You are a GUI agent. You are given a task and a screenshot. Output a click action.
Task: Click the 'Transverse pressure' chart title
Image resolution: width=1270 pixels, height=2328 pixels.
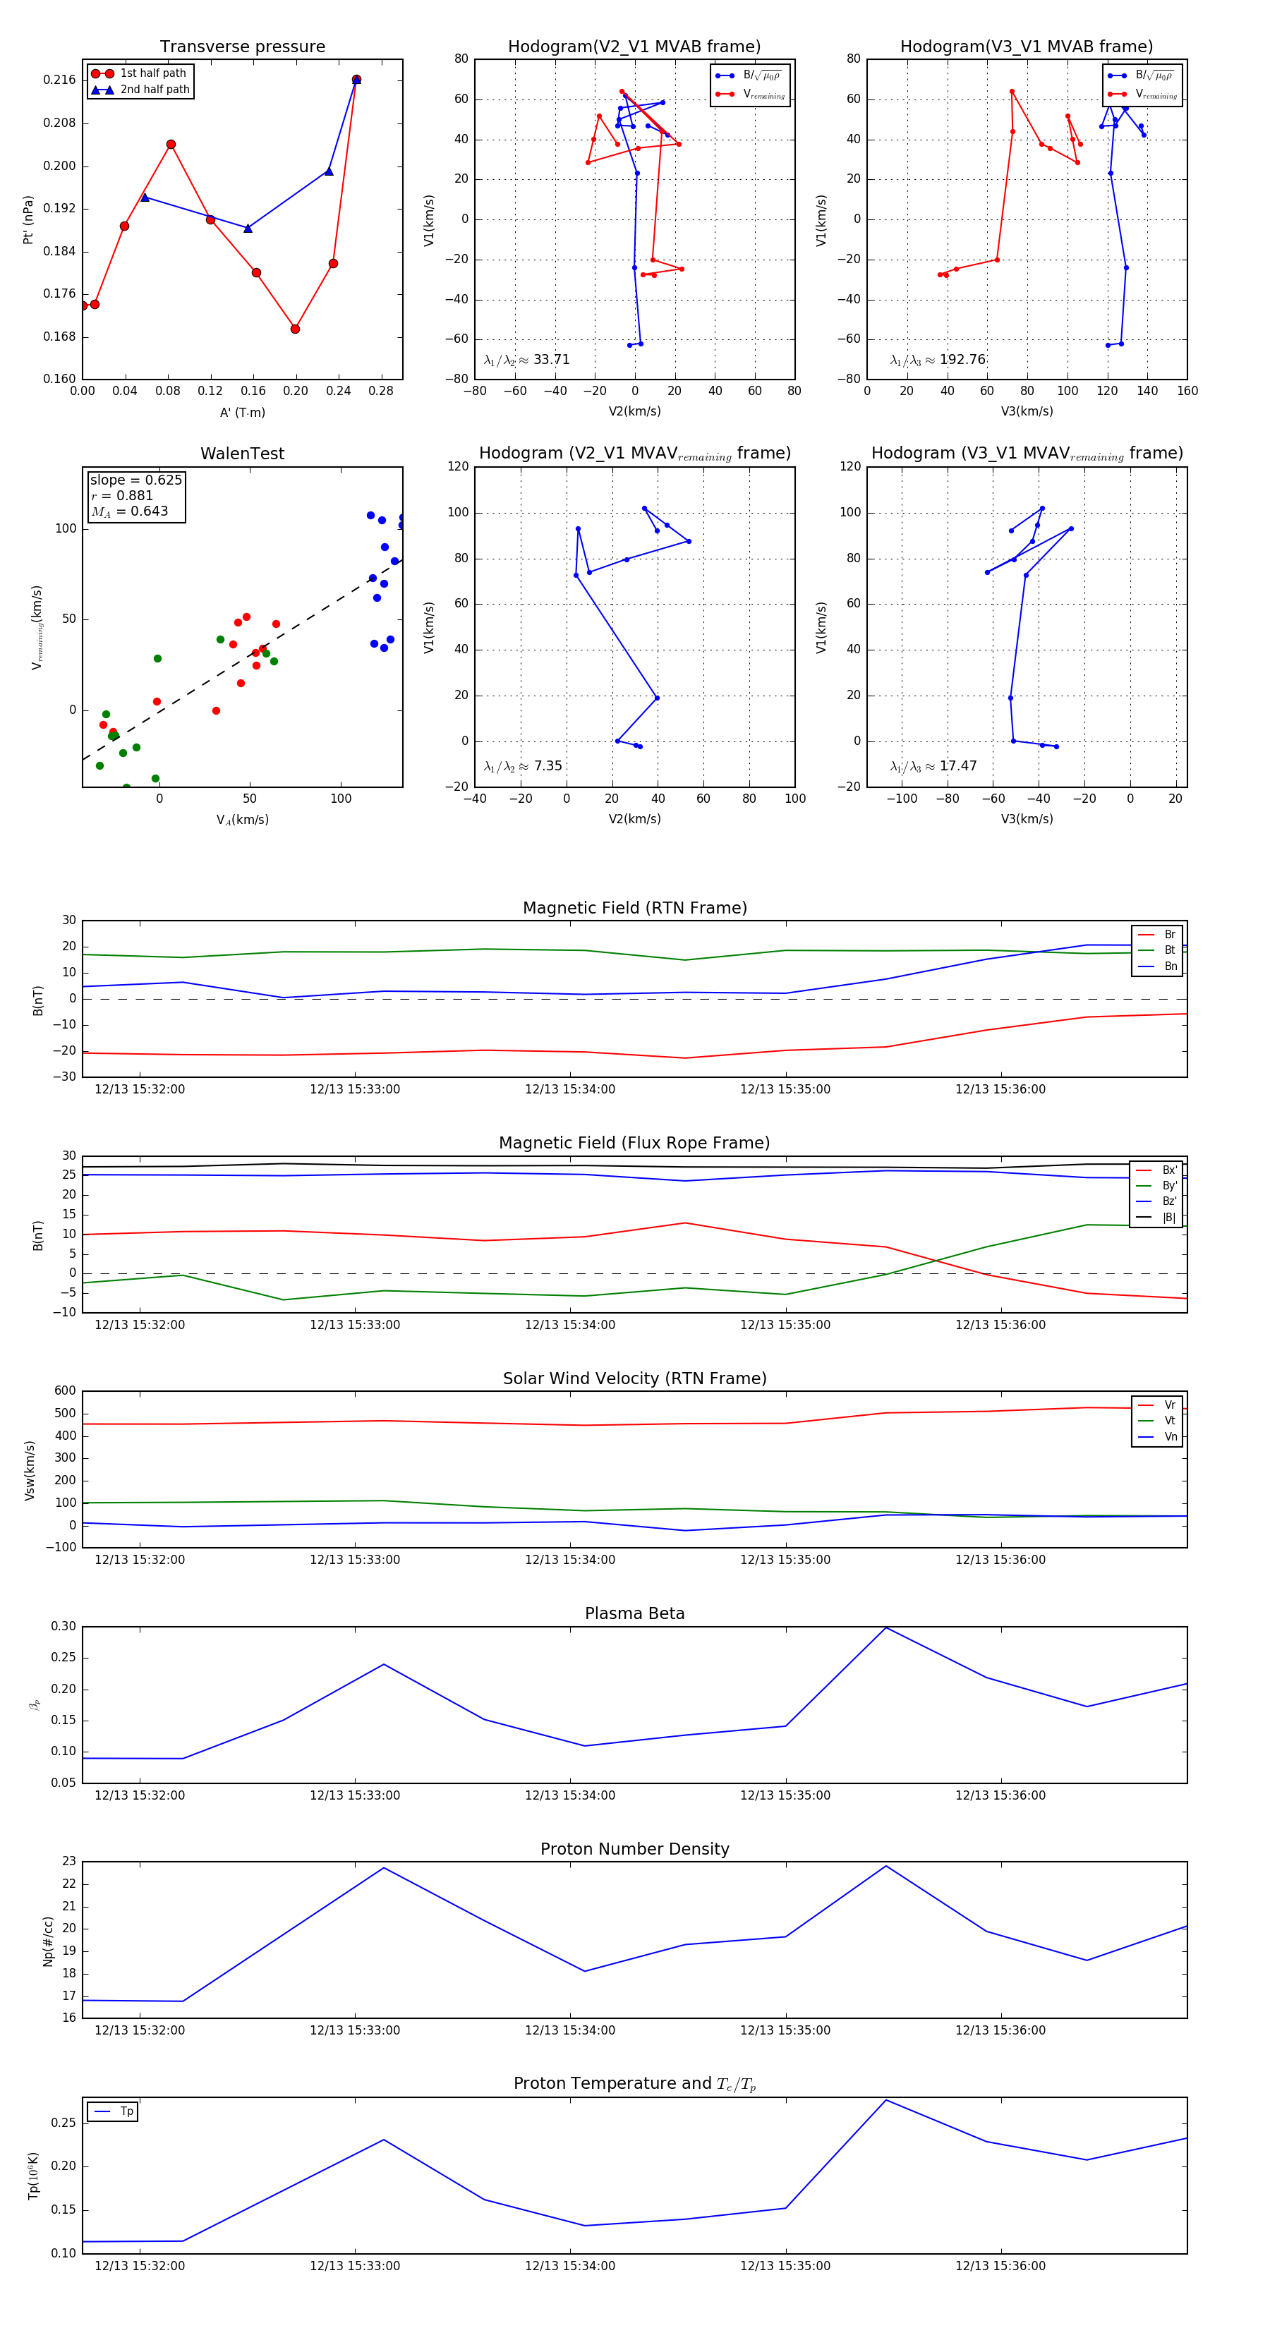coord(242,47)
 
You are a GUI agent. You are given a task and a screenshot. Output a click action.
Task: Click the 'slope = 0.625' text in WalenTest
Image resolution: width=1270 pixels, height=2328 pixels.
coord(135,480)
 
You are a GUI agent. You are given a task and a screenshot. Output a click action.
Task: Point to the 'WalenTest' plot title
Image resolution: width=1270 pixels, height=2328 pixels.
coord(242,454)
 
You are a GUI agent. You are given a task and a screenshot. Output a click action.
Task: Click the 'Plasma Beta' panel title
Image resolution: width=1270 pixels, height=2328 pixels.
coord(634,1613)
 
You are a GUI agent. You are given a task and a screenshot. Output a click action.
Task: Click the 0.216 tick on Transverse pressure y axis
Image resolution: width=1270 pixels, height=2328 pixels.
coord(60,80)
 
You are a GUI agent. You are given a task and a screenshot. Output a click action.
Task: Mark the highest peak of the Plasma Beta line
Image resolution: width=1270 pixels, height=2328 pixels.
coord(886,1627)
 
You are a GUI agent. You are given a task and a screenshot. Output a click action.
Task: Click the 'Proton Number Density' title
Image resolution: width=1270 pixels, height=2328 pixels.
coord(634,1848)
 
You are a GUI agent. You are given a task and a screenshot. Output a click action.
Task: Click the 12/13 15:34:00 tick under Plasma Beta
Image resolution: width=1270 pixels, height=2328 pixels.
coord(569,1795)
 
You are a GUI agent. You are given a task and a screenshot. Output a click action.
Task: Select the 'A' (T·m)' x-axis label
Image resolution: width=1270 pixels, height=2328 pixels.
coord(242,412)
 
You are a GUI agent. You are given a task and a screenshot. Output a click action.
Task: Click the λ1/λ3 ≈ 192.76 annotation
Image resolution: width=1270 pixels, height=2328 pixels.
coord(938,360)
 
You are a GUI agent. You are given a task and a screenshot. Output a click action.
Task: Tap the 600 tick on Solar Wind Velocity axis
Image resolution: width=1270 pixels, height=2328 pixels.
coord(65,1391)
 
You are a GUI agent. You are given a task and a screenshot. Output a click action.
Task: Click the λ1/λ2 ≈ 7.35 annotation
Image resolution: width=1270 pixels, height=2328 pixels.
coord(522,766)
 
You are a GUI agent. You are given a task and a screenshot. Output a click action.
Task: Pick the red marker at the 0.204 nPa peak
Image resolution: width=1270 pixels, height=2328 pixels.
coord(171,145)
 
